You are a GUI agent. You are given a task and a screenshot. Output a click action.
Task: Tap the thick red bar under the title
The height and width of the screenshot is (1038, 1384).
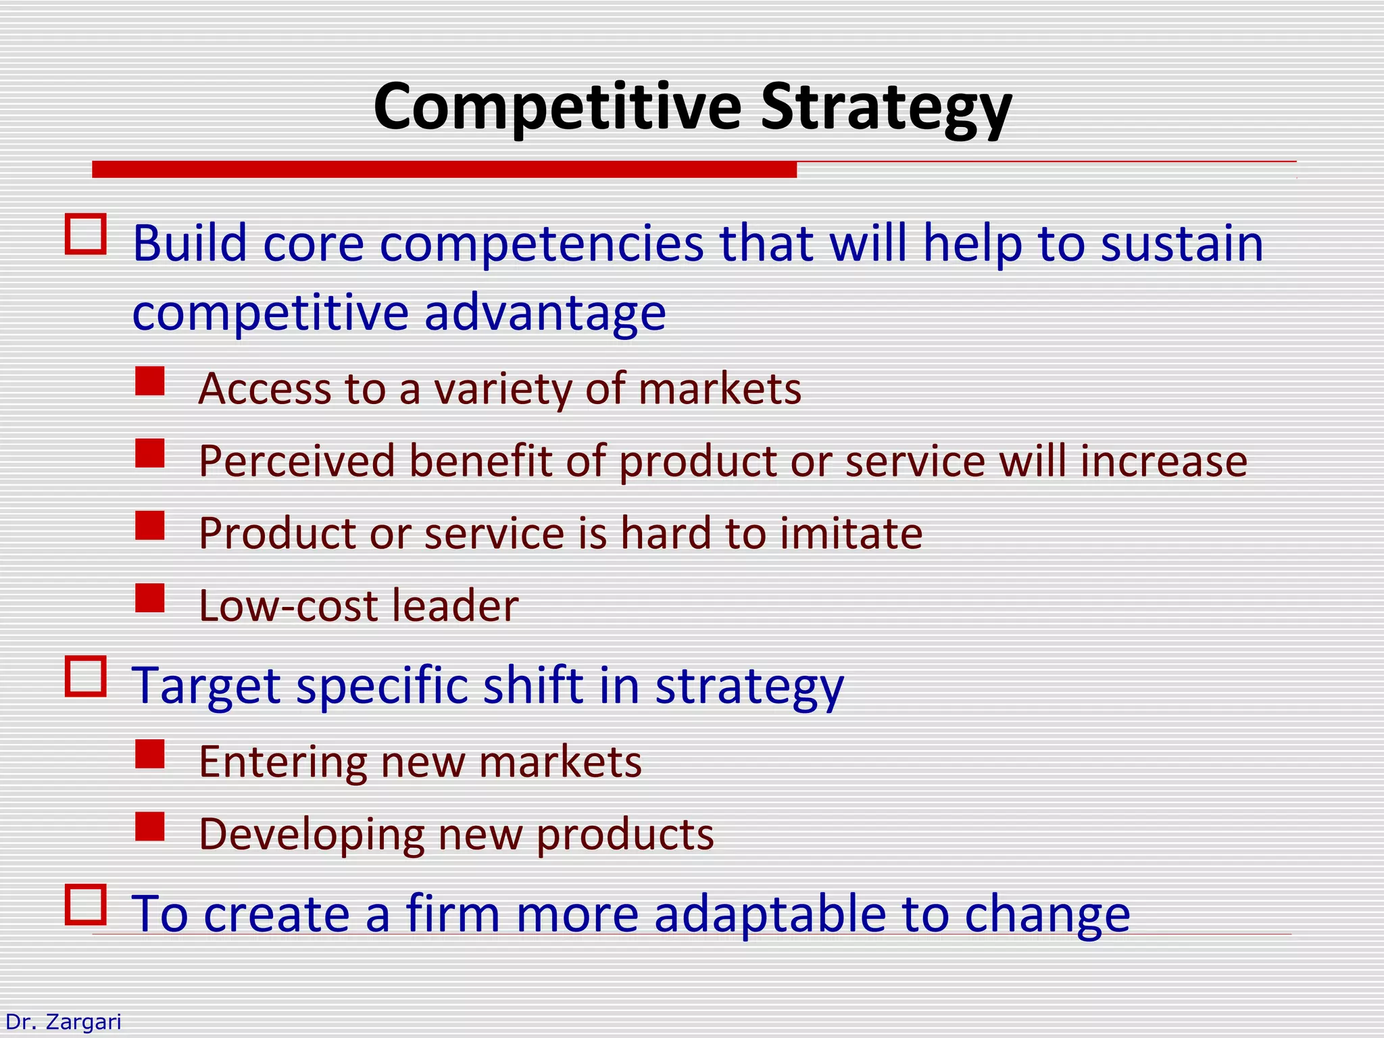tap(444, 170)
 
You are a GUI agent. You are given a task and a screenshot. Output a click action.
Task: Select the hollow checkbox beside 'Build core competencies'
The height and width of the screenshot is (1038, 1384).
tap(86, 234)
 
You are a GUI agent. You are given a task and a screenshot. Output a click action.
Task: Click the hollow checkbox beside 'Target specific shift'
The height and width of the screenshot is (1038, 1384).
tap(86, 676)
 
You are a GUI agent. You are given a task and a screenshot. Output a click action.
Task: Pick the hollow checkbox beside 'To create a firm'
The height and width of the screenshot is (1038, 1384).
tap(86, 904)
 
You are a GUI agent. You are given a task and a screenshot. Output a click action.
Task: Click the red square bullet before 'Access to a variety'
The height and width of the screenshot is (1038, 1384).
tap(149, 381)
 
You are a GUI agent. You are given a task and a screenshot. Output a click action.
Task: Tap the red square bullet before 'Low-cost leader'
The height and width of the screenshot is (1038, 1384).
tap(149, 598)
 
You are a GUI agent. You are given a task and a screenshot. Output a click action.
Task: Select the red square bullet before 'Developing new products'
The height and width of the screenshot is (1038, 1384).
tap(149, 826)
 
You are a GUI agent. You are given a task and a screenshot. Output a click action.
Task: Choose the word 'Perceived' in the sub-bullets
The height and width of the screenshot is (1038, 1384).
tap(297, 462)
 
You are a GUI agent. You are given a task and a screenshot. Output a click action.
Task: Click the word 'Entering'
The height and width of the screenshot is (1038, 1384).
tap(282, 762)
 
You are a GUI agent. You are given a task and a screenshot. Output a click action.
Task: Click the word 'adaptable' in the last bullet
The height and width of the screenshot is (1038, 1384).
tap(770, 914)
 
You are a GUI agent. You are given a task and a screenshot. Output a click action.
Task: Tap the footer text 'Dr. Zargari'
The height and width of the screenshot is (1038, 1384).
tap(63, 1022)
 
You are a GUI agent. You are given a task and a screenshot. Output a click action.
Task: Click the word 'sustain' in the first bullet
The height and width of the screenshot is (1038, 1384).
tap(1181, 245)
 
